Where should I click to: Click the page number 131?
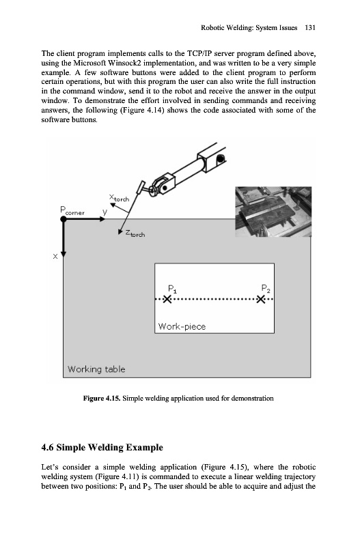310,28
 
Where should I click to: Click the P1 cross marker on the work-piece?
167,299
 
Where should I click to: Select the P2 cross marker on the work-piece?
261,299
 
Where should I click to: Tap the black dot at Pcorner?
64,219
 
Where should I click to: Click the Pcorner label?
72,211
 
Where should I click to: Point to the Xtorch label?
119,198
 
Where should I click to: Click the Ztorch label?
135,233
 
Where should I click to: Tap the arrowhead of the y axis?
102,219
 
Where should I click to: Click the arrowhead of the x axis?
64,255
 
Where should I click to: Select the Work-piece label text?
182,326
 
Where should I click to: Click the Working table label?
96,369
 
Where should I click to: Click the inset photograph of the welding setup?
273,212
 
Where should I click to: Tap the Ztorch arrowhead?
120,231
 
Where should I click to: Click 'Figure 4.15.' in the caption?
102,399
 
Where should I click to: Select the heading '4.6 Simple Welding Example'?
102,448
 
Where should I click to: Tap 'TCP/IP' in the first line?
198,54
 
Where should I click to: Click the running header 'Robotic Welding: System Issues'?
249,28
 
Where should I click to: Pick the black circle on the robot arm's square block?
220,160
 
